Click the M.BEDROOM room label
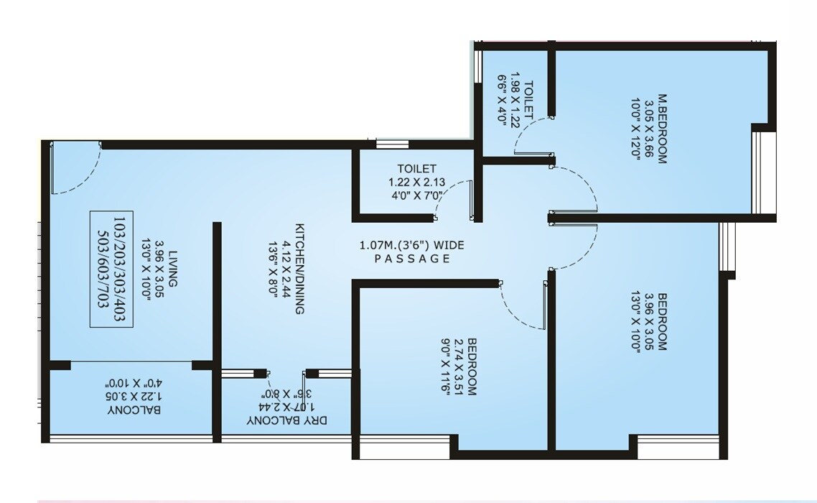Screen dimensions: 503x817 [x=660, y=132]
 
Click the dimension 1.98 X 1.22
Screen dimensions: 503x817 [x=515, y=102]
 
